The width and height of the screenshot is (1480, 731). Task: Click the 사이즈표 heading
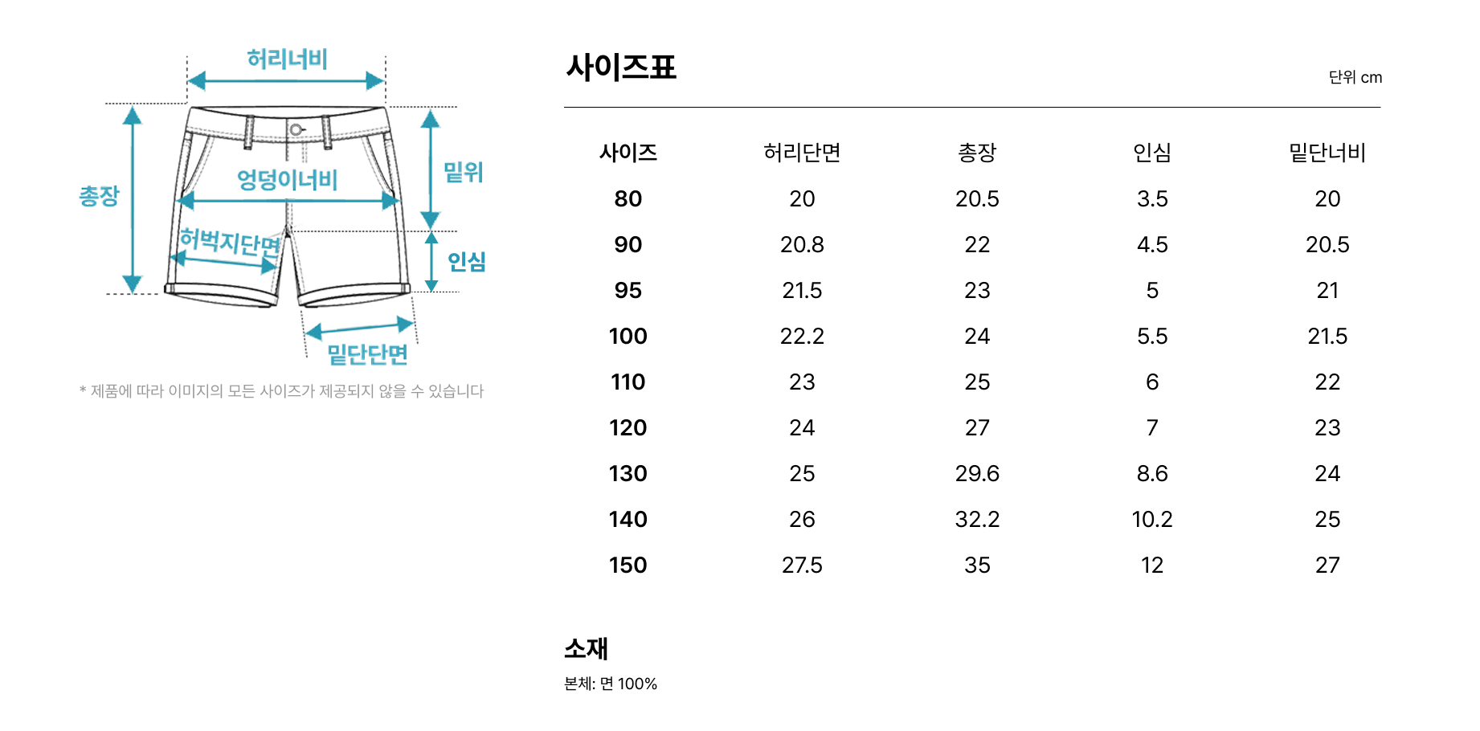[x=621, y=67]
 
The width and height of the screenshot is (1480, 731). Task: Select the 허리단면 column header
[x=802, y=153]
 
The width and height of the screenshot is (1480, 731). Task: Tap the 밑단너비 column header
[x=1327, y=153]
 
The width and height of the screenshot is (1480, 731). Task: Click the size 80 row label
[x=628, y=198]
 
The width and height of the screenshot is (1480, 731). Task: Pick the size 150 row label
[x=628, y=565]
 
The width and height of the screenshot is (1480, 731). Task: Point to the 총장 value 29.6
[x=977, y=473]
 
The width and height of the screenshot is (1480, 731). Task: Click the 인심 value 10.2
[x=1152, y=519]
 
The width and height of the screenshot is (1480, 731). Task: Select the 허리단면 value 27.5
[x=802, y=565]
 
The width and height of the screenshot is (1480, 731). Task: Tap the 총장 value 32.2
[x=977, y=519]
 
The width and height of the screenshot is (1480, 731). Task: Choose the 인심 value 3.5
[x=1152, y=198]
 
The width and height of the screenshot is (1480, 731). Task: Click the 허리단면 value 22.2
[x=802, y=336]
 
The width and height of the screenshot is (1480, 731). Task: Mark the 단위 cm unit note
[x=1355, y=77]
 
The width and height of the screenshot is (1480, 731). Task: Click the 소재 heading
[x=587, y=648]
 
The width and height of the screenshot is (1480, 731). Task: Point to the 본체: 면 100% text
[x=611, y=684]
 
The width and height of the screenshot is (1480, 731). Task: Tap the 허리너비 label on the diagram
[x=287, y=59]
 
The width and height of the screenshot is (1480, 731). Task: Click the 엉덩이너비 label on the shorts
[x=287, y=179]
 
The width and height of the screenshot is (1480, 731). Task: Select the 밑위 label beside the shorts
[x=463, y=172]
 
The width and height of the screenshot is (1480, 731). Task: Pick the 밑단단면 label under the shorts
[x=368, y=354]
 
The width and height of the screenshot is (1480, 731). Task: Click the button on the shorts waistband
[x=296, y=129]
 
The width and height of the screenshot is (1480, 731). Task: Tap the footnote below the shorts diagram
[x=282, y=391]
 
